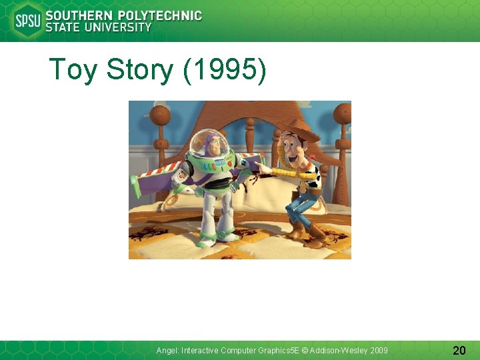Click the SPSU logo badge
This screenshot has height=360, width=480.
27,20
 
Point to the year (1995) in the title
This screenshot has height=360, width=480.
225,70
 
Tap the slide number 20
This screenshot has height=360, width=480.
459,350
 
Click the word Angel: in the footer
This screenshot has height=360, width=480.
167,350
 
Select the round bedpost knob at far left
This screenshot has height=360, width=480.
160,116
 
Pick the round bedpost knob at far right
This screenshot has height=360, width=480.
343,113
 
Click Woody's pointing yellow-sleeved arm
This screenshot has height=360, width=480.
283,173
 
